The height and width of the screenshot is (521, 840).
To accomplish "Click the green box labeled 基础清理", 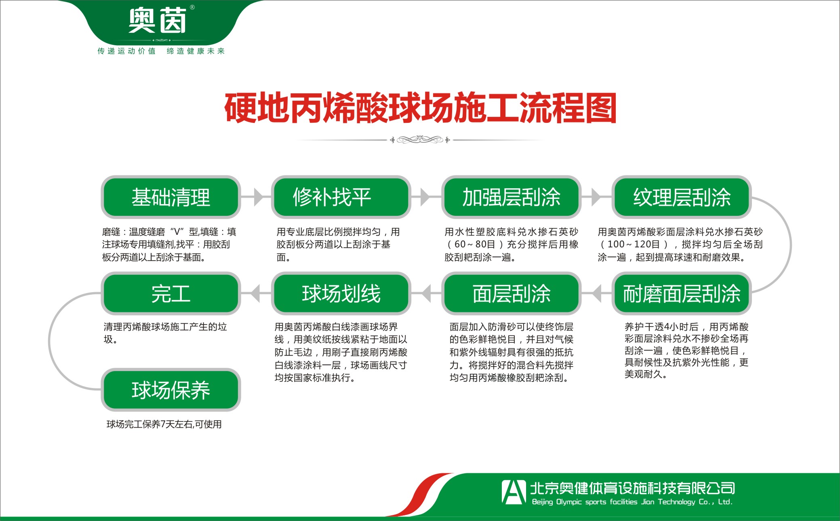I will click(x=171, y=197).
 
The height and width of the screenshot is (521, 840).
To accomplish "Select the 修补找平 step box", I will click(x=341, y=197).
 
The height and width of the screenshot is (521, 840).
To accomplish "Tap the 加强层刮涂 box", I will click(x=511, y=197).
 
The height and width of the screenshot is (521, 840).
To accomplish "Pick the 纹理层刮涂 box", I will click(x=682, y=197).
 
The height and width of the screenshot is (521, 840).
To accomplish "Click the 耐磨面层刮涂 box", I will click(x=682, y=293).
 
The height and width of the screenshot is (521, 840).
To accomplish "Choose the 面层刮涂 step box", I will click(x=511, y=293).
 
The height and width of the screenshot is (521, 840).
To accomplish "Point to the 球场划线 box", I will click(x=341, y=293).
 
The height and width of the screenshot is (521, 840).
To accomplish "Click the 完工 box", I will click(x=171, y=293).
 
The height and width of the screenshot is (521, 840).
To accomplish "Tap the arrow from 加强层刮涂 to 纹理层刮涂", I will click(x=596, y=197).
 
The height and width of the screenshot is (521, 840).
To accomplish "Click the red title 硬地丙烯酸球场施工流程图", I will click(x=420, y=108).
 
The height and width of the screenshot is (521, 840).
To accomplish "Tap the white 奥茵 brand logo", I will click(x=158, y=21).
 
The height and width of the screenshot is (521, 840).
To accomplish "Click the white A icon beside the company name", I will click(x=513, y=492).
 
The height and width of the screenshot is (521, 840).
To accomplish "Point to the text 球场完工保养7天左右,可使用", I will click(x=164, y=424).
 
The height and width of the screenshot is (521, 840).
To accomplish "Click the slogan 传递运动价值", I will click(x=126, y=51).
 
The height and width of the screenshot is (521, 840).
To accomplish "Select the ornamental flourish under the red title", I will click(x=420, y=140).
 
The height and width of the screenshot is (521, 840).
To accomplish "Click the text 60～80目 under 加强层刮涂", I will click(x=474, y=245).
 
